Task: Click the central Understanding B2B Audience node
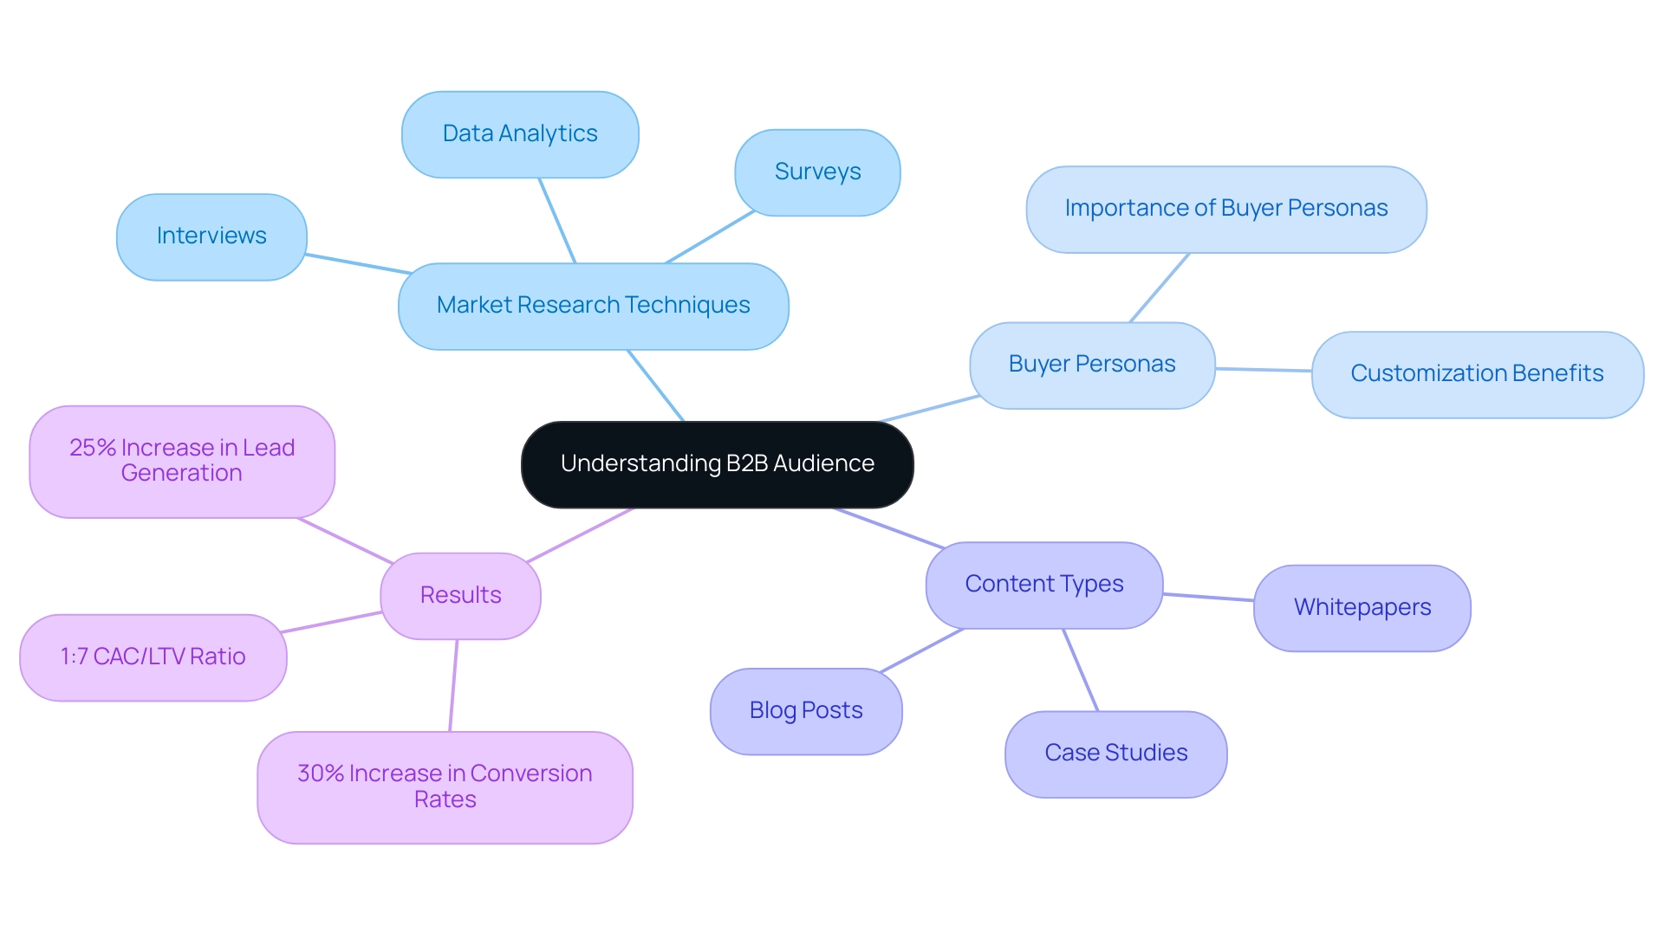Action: pos(717,464)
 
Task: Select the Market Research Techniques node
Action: pos(593,306)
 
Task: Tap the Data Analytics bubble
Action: pos(520,134)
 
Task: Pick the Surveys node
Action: pos(817,172)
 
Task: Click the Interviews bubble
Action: pos(211,236)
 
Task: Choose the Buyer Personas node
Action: pos(1092,365)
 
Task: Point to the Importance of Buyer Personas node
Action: pos(1225,209)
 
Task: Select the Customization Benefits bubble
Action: pos(1477,374)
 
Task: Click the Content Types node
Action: pos(1043,585)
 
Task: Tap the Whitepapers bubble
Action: pos(1362,608)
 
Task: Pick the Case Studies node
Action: pos(1115,754)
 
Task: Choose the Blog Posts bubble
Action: pos(806,711)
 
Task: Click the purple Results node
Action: pos(460,596)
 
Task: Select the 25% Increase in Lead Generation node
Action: pos(182,461)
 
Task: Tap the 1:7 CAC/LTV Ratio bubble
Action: pos(153,657)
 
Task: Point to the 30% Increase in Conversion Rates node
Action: pos(445,786)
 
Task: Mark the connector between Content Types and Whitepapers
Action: pos(1208,597)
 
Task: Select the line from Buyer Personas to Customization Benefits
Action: pos(1264,370)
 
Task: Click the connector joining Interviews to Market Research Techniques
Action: pos(359,264)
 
